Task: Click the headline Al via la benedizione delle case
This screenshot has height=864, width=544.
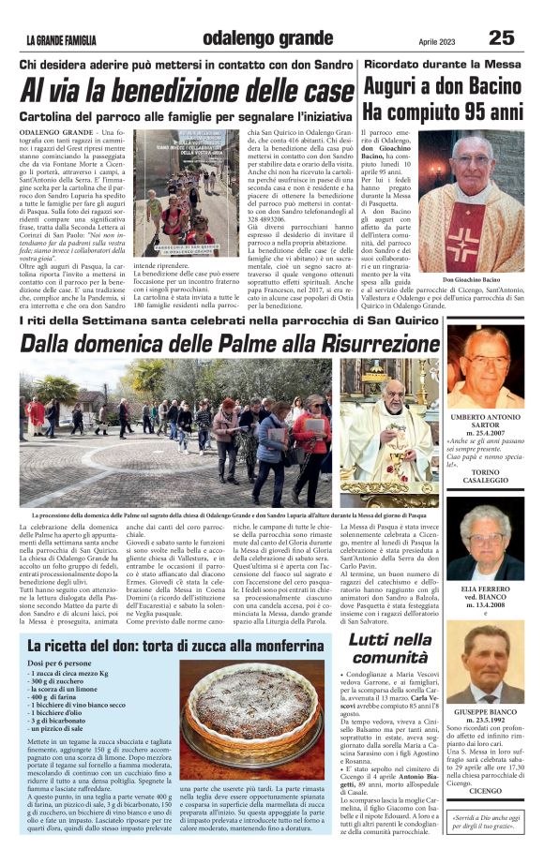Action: click(x=189, y=92)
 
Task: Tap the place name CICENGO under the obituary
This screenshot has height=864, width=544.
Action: click(x=485, y=790)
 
